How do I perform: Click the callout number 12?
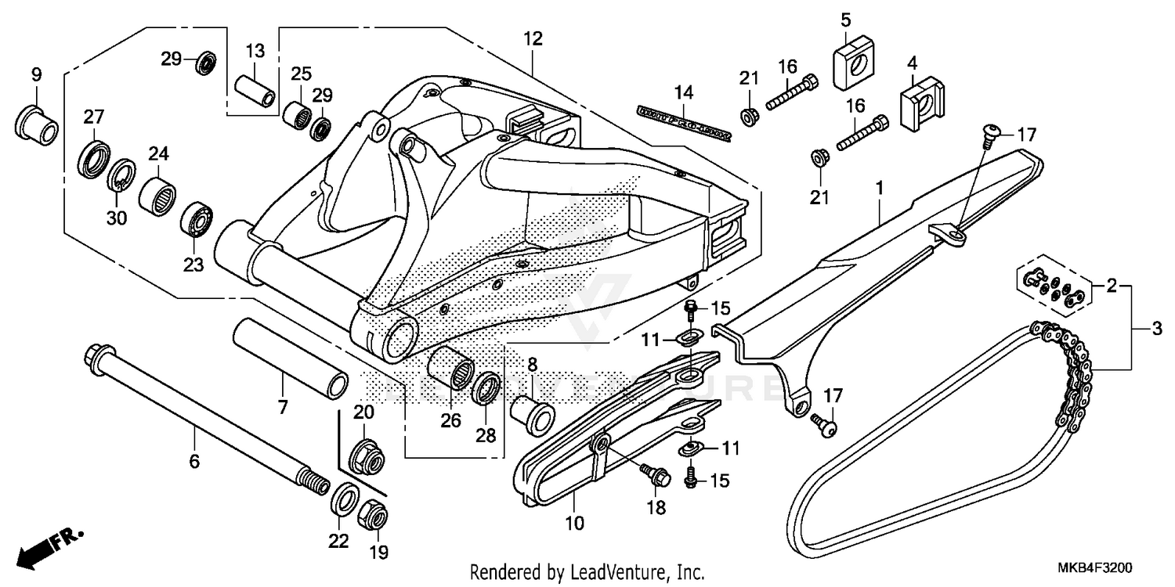click(533, 38)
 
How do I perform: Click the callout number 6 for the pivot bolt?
click(194, 461)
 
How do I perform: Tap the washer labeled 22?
click(342, 499)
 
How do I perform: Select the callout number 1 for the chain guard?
click(880, 188)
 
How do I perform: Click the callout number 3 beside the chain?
click(1157, 330)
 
